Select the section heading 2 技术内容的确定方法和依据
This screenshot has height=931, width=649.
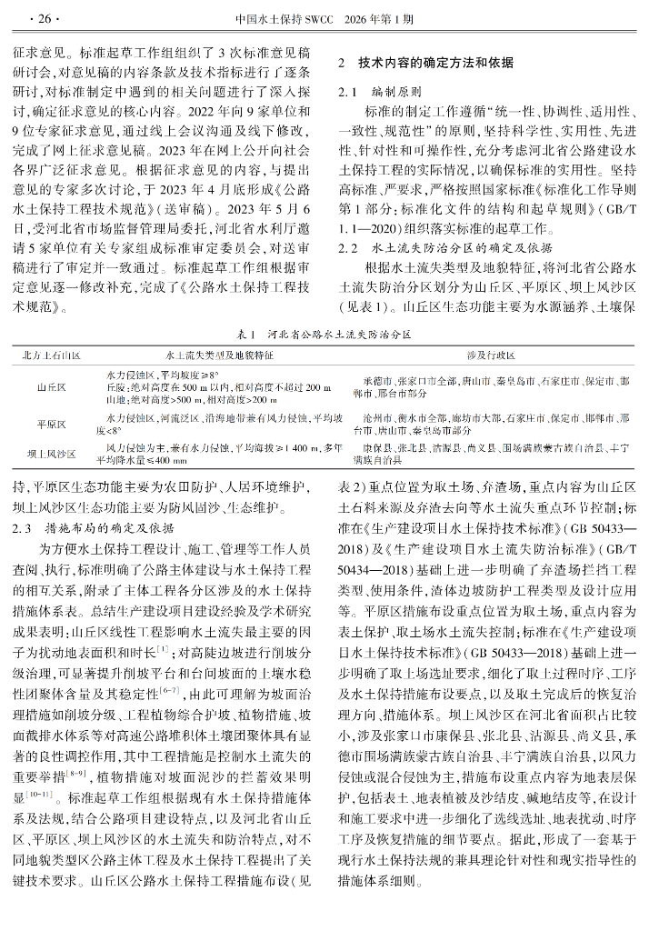pyautogui.click(x=425, y=64)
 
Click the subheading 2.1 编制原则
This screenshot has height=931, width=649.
pyautogui.click(x=380, y=93)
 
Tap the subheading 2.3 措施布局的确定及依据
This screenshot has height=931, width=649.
pyautogui.click(x=97, y=527)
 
